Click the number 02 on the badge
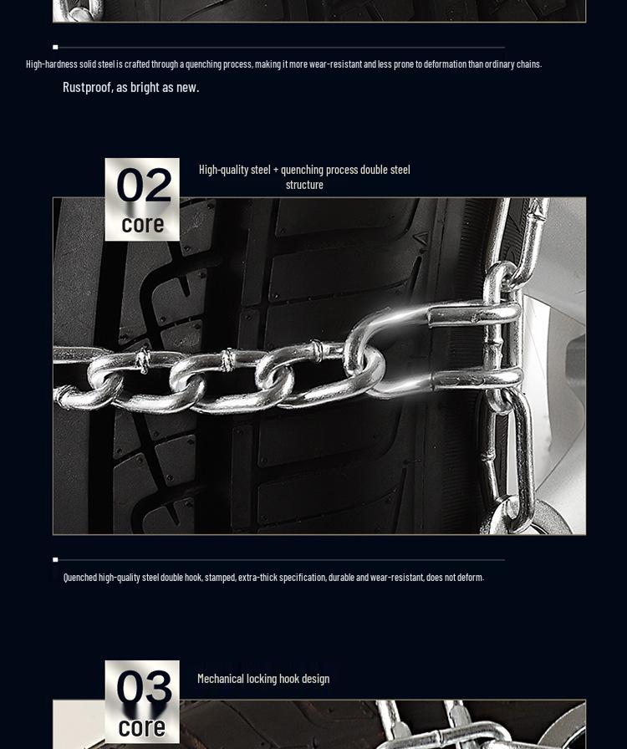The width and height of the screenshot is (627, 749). [x=143, y=186]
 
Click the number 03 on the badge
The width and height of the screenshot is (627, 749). [x=143, y=688]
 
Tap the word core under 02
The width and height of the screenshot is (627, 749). [x=142, y=224]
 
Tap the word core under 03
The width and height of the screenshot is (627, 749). [x=141, y=727]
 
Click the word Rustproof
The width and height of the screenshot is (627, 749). [x=87, y=87]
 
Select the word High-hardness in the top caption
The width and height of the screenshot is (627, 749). [x=52, y=64]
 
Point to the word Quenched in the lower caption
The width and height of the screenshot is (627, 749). [x=80, y=578]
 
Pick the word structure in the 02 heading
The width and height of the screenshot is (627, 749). [x=304, y=185]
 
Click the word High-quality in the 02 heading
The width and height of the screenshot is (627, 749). [x=223, y=170]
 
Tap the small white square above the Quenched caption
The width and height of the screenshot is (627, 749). [x=55, y=559]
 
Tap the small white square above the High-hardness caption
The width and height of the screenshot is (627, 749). [x=55, y=47]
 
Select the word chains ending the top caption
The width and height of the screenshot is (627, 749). [x=528, y=64]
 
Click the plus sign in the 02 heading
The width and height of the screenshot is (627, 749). [x=276, y=170]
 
